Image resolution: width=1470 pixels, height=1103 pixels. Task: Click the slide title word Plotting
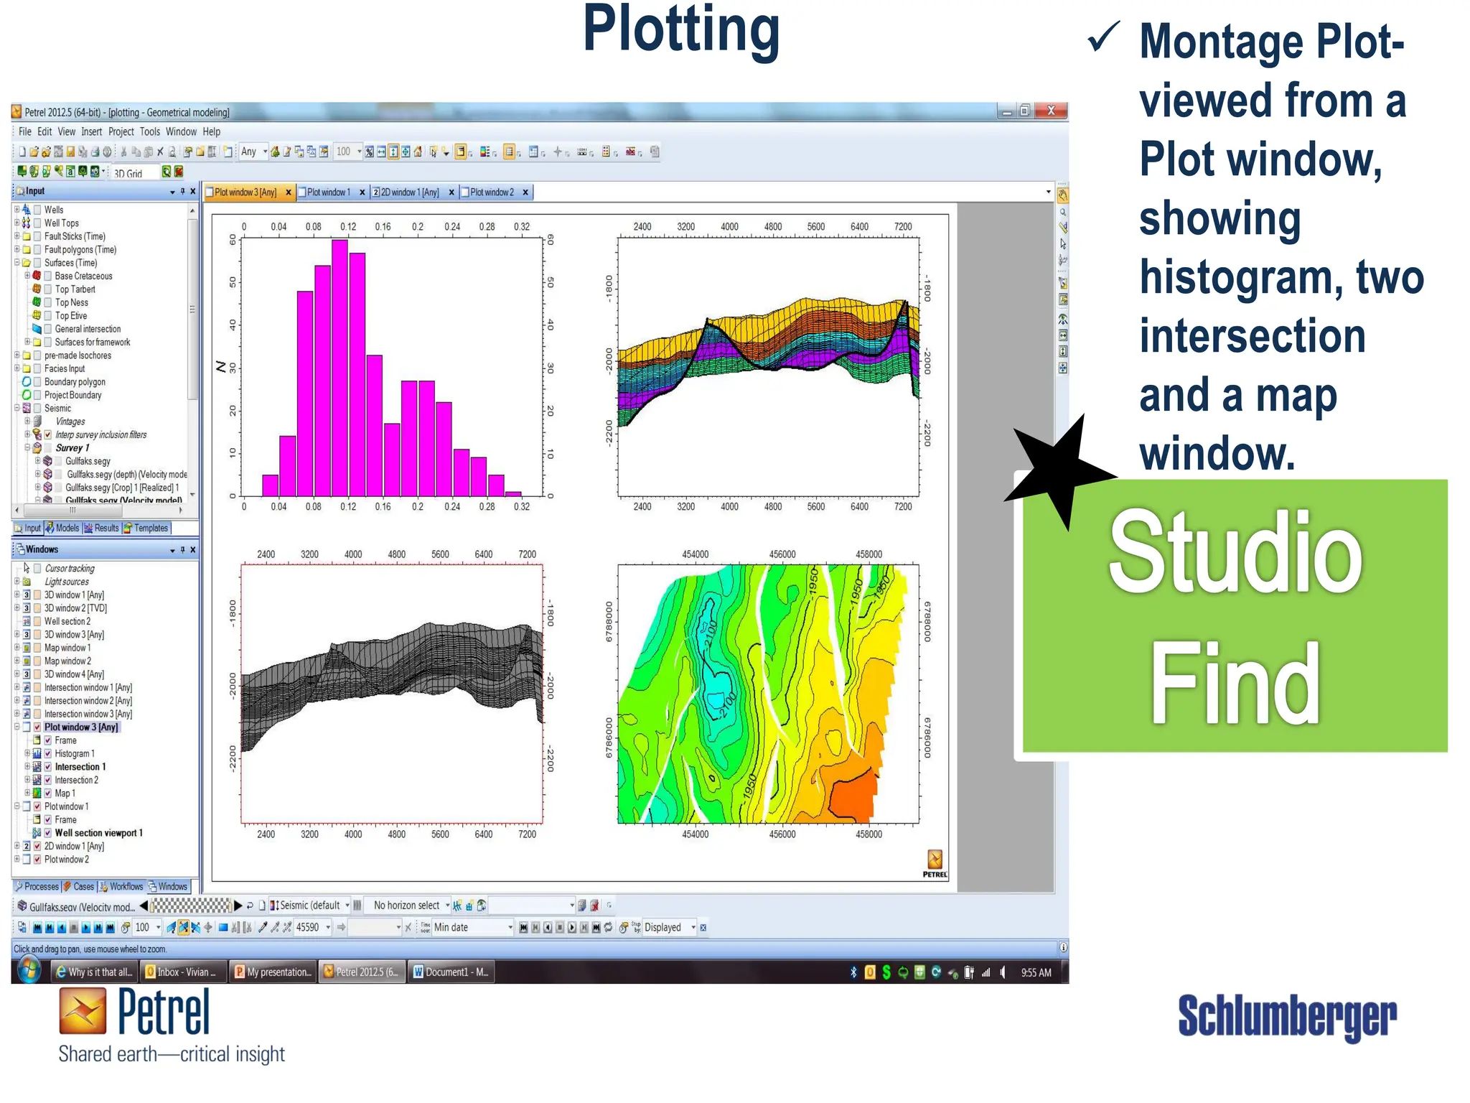click(680, 30)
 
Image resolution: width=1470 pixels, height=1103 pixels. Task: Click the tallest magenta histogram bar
click(340, 366)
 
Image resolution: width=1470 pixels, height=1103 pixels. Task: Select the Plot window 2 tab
click(492, 192)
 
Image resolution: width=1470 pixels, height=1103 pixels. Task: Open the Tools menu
click(149, 132)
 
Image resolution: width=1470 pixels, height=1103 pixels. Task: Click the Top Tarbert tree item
click(75, 289)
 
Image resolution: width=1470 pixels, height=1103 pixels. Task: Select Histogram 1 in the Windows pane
click(75, 754)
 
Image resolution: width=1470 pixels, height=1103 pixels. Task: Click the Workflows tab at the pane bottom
click(126, 887)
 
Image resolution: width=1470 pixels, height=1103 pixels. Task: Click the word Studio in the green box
click(1235, 553)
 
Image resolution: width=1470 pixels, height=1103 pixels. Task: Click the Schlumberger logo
click(1287, 1016)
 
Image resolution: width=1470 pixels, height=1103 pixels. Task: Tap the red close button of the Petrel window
click(1051, 111)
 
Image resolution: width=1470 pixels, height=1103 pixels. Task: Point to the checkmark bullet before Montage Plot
click(1102, 37)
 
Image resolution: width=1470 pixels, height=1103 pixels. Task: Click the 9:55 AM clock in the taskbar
click(1036, 973)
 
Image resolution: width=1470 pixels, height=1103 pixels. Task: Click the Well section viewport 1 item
click(98, 834)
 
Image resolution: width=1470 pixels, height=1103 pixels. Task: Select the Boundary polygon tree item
click(75, 382)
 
